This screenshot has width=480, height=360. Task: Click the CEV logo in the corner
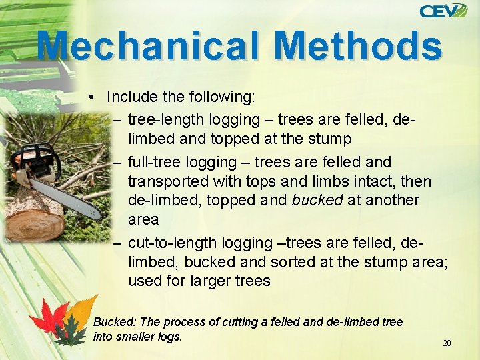pos(443,11)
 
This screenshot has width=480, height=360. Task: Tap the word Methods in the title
pos(358,46)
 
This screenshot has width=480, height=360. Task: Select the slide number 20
pos(447,343)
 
